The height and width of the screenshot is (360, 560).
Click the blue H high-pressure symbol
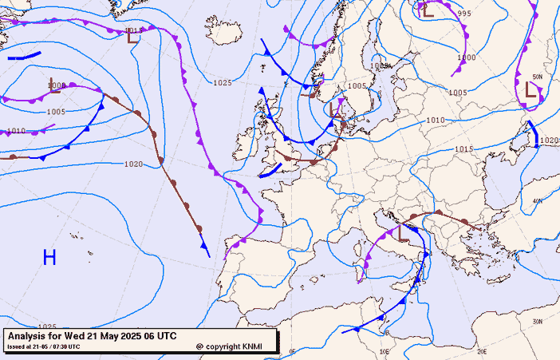click(x=49, y=257)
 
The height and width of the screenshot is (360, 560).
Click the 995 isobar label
click(x=464, y=14)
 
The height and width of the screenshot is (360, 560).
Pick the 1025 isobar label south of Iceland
click(x=223, y=82)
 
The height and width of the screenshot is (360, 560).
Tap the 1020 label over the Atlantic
click(x=134, y=164)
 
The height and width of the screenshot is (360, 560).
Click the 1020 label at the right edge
click(x=549, y=140)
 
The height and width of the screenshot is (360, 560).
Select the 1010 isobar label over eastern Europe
click(x=435, y=121)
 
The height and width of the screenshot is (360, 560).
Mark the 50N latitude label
click(x=537, y=77)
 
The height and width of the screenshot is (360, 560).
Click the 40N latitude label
click(x=537, y=201)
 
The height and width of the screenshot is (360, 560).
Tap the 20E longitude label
click(x=481, y=351)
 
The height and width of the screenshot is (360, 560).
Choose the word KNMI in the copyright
click(x=252, y=346)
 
